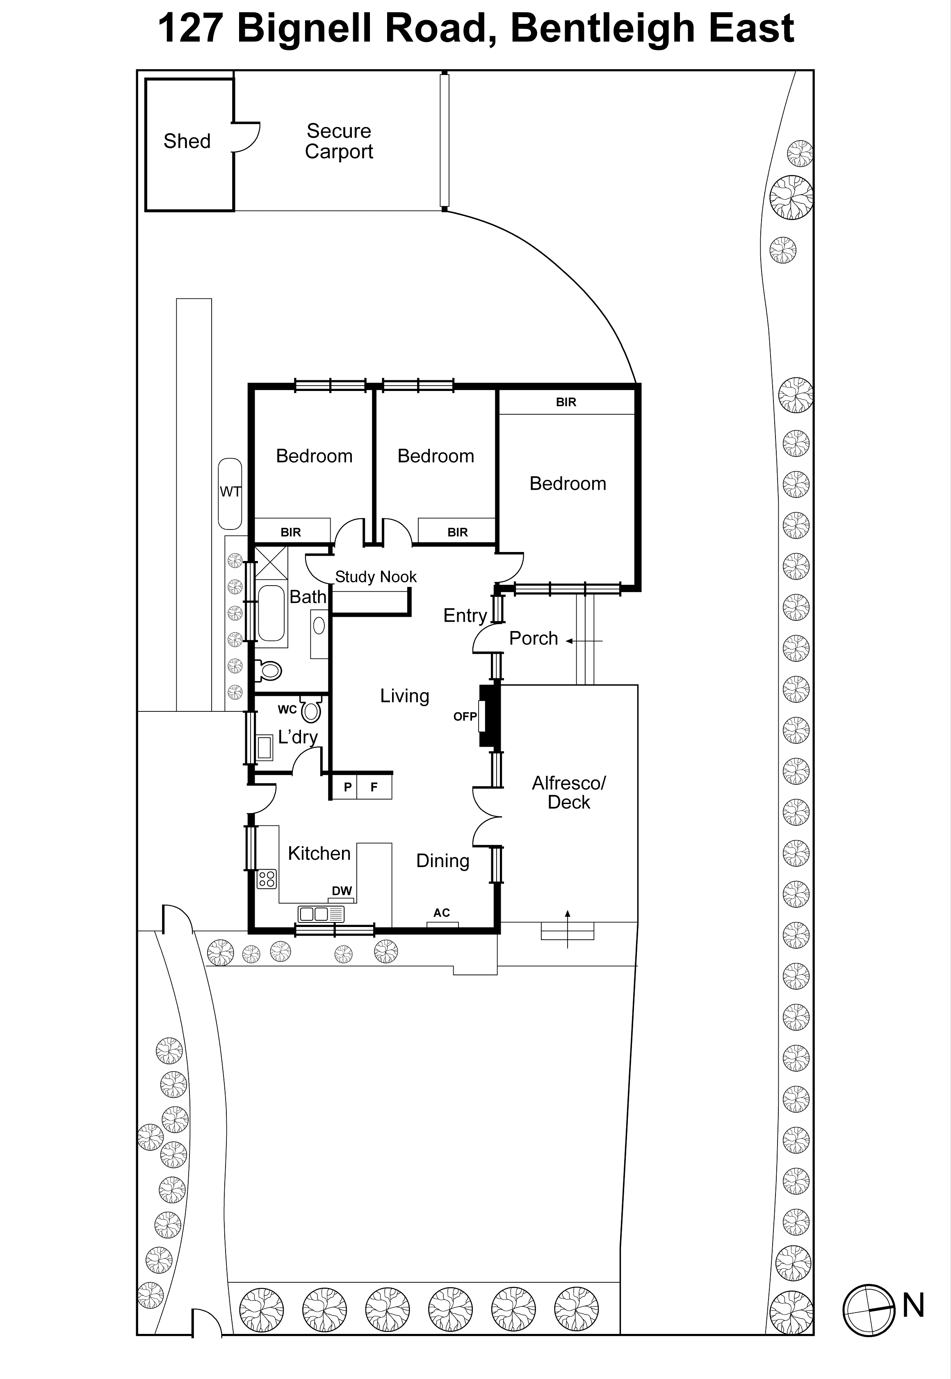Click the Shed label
click(187, 141)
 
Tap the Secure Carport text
click(338, 141)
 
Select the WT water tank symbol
click(230, 493)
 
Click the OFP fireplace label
click(465, 716)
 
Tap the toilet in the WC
click(311, 710)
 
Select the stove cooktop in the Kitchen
click(266, 879)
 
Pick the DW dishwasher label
click(342, 891)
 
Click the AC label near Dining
click(442, 913)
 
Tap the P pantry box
click(347, 787)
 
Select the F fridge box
click(374, 787)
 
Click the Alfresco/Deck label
click(568, 792)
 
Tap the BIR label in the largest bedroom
click(566, 402)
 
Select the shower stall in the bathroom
click(271, 563)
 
